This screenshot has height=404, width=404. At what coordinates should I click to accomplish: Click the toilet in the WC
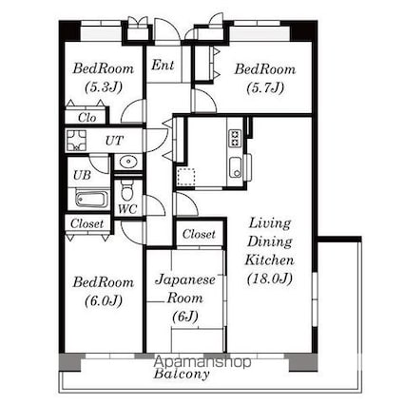point(127,190)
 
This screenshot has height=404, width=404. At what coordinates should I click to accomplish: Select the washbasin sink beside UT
point(128,162)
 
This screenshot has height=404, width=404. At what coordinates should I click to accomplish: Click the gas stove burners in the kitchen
point(235,138)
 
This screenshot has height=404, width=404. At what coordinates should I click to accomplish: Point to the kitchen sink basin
point(236,167)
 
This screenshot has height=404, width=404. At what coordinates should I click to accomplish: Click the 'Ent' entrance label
point(163,66)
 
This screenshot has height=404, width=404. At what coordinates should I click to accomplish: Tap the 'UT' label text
point(114,141)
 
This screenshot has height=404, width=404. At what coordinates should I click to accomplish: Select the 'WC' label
point(127,209)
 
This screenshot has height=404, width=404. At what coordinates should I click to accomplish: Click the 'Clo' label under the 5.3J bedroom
point(87,118)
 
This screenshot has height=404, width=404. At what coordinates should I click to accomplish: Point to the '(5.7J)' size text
point(265,87)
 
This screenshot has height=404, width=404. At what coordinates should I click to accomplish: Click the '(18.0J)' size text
point(269,279)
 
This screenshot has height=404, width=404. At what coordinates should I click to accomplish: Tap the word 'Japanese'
point(185,280)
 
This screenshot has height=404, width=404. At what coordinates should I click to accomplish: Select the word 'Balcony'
point(182,374)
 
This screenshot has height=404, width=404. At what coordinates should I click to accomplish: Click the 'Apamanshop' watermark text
point(202,361)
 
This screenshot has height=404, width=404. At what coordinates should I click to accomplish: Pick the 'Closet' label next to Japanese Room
point(199,234)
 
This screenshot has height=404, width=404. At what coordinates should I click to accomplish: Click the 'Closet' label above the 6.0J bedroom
point(87,223)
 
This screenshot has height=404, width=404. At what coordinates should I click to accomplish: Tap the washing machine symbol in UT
point(76,141)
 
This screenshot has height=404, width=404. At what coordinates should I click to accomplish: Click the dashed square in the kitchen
point(185,177)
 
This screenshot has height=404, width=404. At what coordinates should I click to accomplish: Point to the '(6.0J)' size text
point(104,300)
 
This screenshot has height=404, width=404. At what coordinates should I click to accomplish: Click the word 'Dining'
point(270,242)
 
